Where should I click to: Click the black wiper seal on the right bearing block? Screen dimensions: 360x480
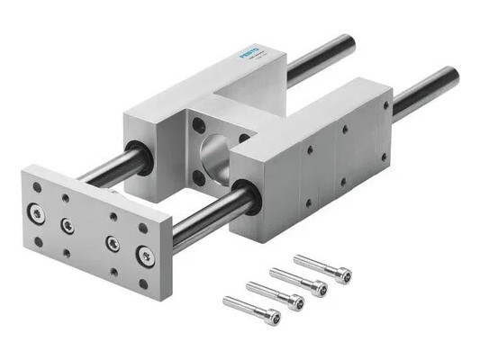click(248, 194)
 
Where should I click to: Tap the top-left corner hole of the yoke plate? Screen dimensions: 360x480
click(36, 187)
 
